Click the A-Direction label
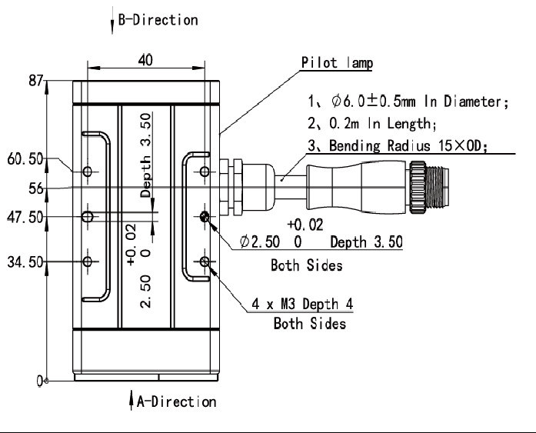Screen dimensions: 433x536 pos(176,401)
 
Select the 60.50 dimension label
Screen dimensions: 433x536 pos(25,160)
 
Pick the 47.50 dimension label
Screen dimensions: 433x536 pos(25,218)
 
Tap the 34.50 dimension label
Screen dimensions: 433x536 pos(25,262)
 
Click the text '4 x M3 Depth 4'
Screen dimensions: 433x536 pos(303,305)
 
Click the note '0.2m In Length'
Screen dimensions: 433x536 pos(372,123)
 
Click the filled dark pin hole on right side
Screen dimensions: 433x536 pos(205,217)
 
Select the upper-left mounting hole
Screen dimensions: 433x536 pos(88,170)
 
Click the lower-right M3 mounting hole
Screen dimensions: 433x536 pos(205,262)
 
